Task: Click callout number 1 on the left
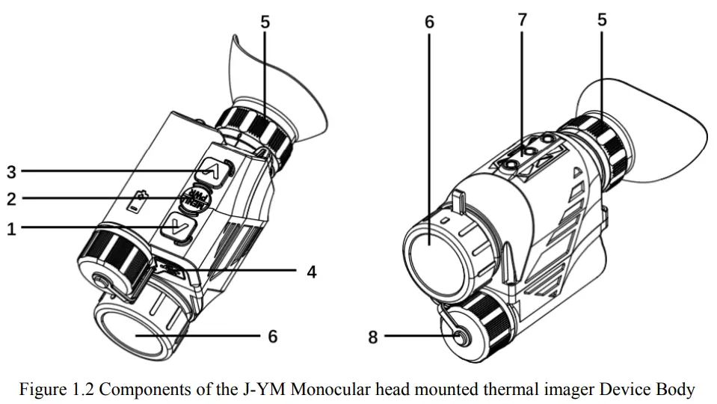pyautogui.click(x=11, y=229)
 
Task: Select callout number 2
pyautogui.click(x=11, y=199)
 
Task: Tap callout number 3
pyautogui.click(x=11, y=171)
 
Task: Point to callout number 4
pyautogui.click(x=312, y=272)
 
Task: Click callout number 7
pyautogui.click(x=522, y=20)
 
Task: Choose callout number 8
pyautogui.click(x=373, y=337)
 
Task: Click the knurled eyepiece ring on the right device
pyautogui.click(x=598, y=150)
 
